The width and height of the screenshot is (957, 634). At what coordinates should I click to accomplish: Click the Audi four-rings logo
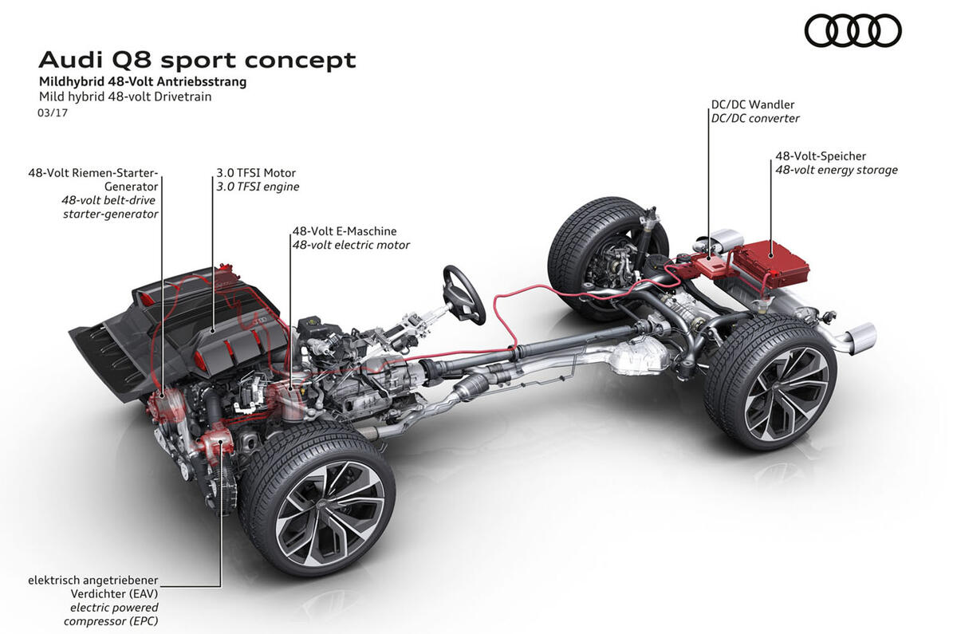[x=853, y=31]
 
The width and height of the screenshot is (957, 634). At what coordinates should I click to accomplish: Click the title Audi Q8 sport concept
[x=197, y=60]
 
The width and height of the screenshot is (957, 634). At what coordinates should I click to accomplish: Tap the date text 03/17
[x=53, y=113]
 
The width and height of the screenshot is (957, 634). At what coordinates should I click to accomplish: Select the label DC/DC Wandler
[x=752, y=104]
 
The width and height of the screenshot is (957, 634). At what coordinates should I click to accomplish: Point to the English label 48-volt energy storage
[x=837, y=170]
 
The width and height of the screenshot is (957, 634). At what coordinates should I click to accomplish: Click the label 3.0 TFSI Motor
[x=255, y=172]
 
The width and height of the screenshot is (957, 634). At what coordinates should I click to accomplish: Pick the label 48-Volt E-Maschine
[x=344, y=231]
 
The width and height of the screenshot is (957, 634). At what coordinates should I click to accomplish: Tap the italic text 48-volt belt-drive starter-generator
[x=110, y=207]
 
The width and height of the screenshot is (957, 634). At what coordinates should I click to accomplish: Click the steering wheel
[x=464, y=293]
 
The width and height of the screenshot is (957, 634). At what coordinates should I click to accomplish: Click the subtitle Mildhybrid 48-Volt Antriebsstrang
[x=143, y=81]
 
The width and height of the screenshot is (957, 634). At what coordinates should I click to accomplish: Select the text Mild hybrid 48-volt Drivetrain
[x=125, y=97]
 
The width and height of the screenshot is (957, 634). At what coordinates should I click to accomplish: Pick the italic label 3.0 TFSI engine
[x=258, y=187]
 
